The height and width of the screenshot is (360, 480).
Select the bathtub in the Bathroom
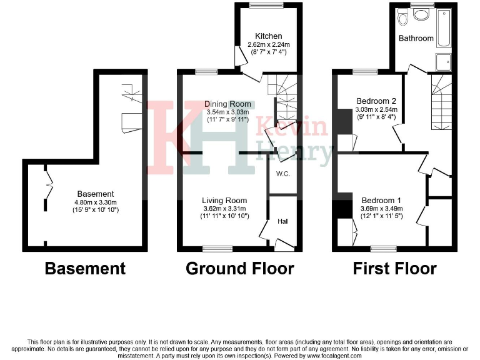tap(442, 29)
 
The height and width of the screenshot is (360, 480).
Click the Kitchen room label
tap(268, 36)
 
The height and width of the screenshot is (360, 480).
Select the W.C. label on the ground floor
tap(282, 174)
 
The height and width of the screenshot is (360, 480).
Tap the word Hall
tap(282, 221)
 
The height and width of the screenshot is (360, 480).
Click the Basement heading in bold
tap(85, 269)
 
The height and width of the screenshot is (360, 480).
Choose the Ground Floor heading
tap(239, 269)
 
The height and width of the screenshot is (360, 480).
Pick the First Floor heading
tap(394, 269)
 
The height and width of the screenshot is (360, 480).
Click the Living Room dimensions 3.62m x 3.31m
tap(224, 208)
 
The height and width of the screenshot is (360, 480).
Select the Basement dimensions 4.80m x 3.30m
tap(95, 202)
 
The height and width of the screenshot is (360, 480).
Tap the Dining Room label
tap(228, 104)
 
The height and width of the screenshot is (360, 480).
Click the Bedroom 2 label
tap(376, 101)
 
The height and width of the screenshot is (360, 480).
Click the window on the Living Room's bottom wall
tap(217, 249)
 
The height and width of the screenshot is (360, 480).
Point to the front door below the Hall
tap(284, 249)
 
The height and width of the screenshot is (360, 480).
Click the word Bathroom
tap(416, 38)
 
